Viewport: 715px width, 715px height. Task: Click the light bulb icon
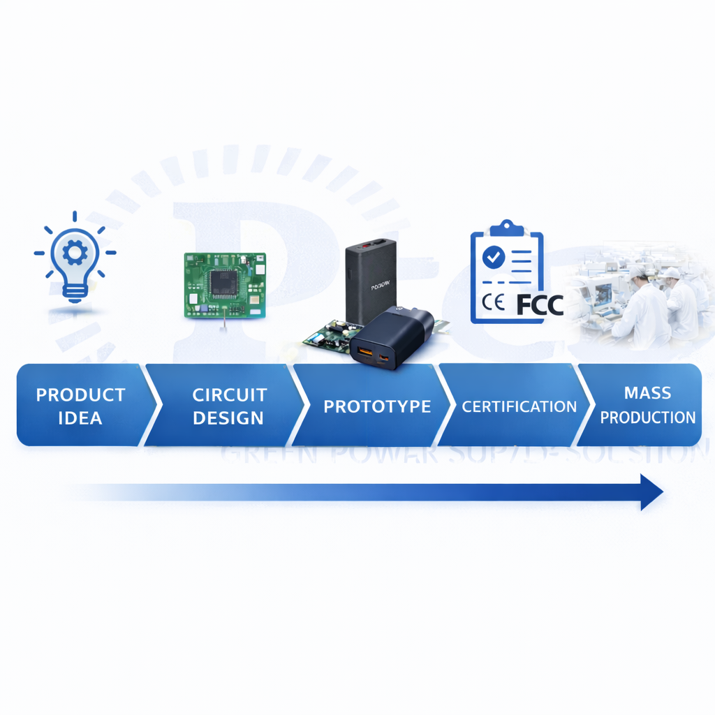[x=75, y=262]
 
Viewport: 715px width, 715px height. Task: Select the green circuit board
[x=225, y=285]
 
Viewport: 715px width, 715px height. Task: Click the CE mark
[x=494, y=304]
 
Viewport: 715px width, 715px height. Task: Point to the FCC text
[x=540, y=304]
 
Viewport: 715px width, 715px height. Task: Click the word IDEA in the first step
[x=80, y=418]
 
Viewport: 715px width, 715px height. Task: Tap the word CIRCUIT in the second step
[x=230, y=395]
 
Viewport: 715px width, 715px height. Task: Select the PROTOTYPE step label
[x=377, y=406]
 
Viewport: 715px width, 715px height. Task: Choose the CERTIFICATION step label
[x=519, y=406]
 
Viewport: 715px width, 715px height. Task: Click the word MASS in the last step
[x=647, y=393]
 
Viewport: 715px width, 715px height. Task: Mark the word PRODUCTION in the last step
[x=647, y=418]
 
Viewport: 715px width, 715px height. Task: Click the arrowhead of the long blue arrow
[x=651, y=492]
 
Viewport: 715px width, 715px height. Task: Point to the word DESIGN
[x=228, y=418]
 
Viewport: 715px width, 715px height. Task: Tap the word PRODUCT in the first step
[x=80, y=395]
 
